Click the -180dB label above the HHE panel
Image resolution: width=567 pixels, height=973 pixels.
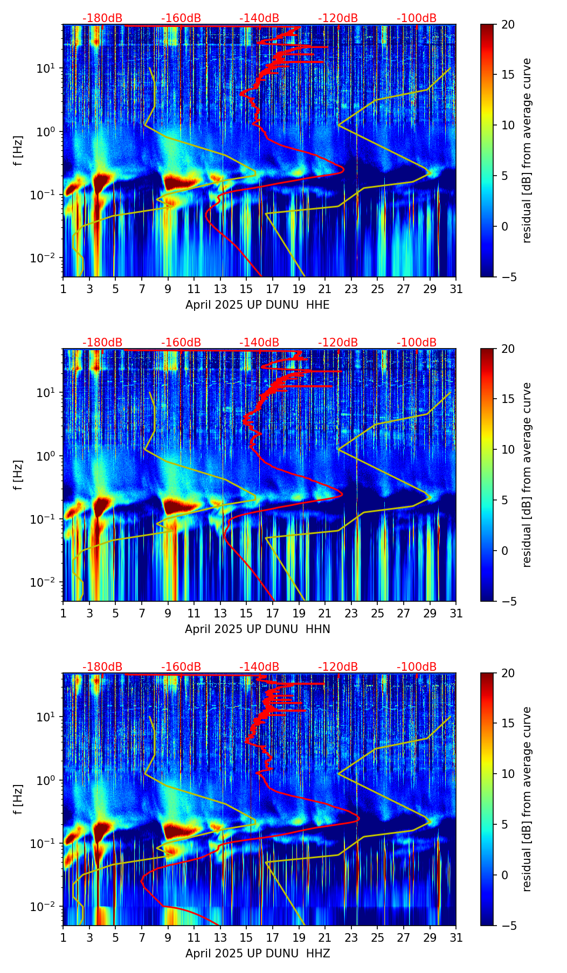(x=102, y=18)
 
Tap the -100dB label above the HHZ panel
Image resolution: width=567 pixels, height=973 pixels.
(x=417, y=667)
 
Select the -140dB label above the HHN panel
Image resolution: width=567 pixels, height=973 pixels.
(x=259, y=343)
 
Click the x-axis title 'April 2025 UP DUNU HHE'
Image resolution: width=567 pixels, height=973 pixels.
(x=257, y=305)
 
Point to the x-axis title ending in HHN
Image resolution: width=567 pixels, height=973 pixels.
(x=257, y=629)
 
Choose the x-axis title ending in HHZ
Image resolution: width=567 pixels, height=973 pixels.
(x=257, y=954)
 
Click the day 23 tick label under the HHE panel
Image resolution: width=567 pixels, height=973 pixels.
(x=351, y=289)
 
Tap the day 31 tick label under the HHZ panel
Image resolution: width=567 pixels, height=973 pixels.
(x=456, y=938)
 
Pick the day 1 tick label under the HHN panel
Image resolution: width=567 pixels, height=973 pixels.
(x=64, y=614)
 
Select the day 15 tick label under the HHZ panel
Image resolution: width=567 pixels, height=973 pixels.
(x=246, y=938)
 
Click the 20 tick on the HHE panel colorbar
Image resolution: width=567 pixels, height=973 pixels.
(x=508, y=25)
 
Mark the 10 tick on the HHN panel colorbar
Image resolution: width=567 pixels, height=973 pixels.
(x=508, y=449)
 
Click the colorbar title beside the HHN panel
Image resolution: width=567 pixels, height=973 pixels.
(x=527, y=475)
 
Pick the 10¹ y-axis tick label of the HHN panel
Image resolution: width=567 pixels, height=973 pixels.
(x=45, y=392)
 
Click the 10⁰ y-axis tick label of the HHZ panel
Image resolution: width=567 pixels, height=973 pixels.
(x=45, y=780)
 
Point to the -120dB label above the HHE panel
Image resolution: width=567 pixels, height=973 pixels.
(x=338, y=18)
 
